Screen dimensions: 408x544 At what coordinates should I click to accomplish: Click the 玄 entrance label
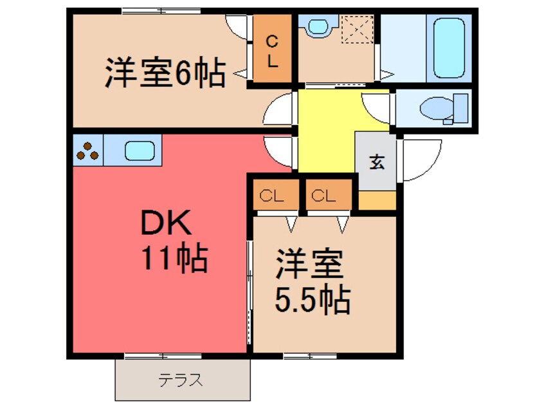(x=376, y=162)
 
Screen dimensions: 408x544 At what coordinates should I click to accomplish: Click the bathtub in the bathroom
(x=449, y=47)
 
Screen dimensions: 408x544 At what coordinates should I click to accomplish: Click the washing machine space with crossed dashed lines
(x=358, y=30)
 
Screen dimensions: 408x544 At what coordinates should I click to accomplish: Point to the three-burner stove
(x=88, y=151)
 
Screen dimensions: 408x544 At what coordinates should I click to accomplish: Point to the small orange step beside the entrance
(x=376, y=200)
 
